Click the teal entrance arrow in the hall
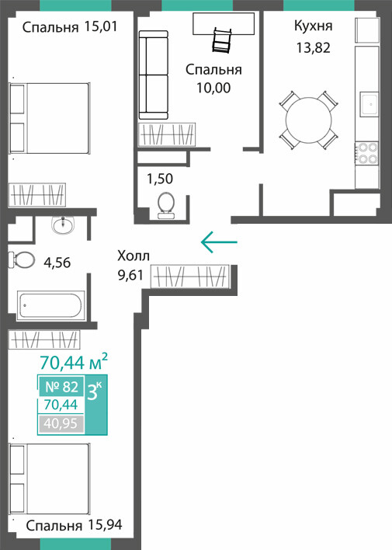(x=219, y=242)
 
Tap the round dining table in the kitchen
(x=308, y=120)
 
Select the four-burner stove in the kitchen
(x=366, y=153)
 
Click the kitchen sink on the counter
(x=369, y=104)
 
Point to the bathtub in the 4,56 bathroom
(x=50, y=305)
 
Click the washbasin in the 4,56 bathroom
(x=63, y=225)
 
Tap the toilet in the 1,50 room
(x=166, y=206)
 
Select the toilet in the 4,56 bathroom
(x=22, y=260)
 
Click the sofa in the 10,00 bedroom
(x=154, y=75)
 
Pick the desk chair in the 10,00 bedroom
(x=222, y=41)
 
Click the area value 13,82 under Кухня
(x=313, y=47)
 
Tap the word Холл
(x=134, y=256)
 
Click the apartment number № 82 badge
(x=61, y=387)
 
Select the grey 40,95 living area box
(x=61, y=423)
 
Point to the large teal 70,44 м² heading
(x=74, y=362)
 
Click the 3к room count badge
(x=96, y=403)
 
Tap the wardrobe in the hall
(x=189, y=277)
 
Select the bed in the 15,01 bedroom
(x=49, y=118)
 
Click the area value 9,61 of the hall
(x=130, y=275)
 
